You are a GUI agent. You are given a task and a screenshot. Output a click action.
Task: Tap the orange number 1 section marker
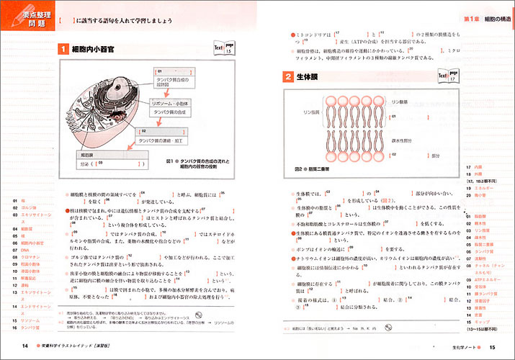63,49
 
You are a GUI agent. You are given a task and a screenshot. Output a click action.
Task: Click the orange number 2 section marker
287,76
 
